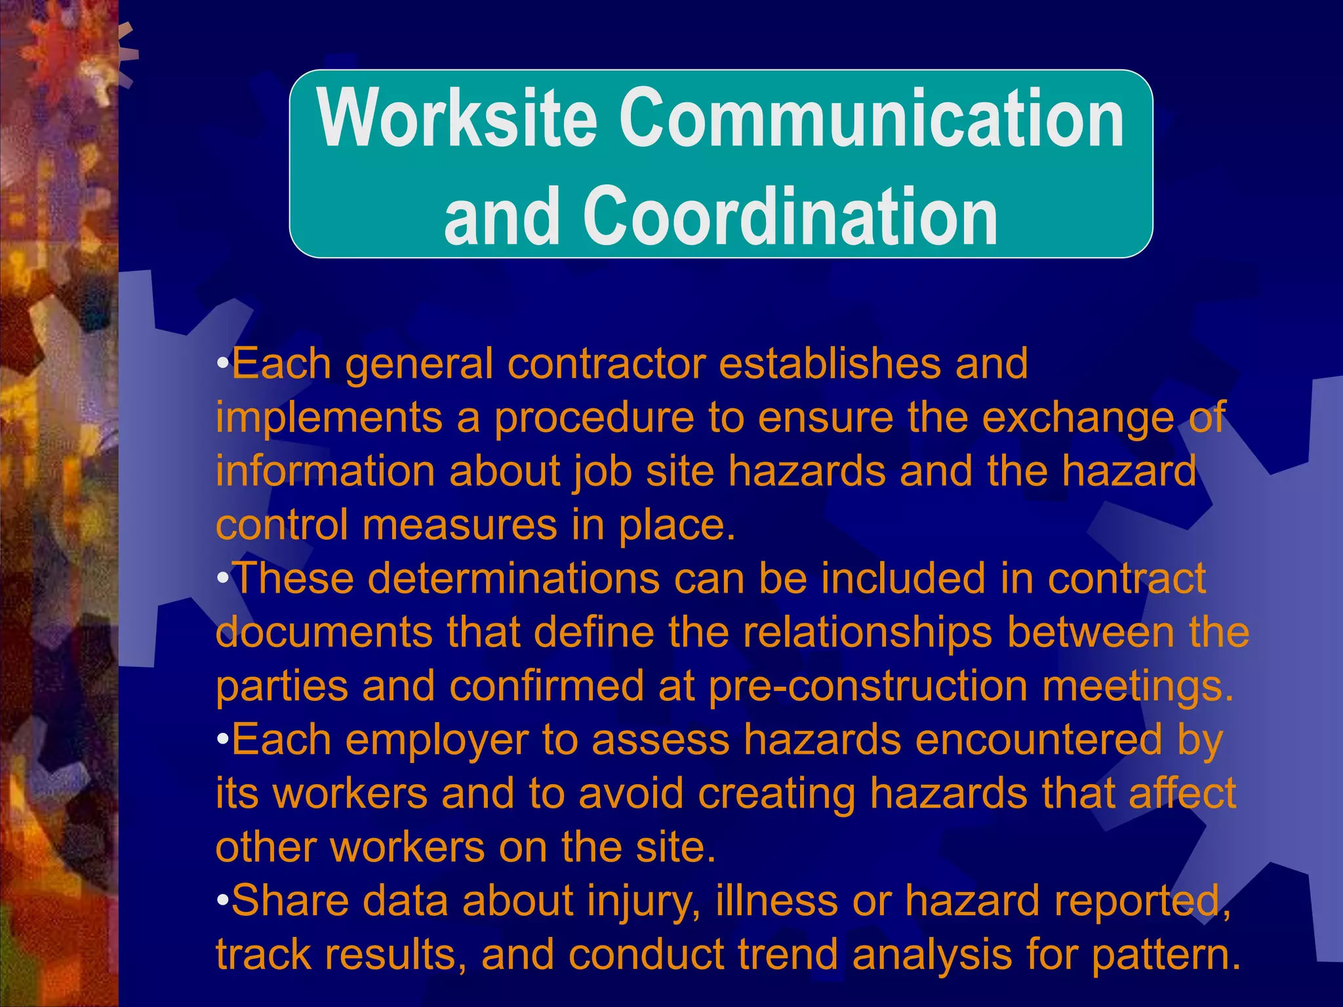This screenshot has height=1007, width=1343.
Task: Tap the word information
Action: tap(325, 471)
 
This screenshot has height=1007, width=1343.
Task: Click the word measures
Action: tap(459, 526)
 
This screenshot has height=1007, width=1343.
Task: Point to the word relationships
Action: tap(869, 632)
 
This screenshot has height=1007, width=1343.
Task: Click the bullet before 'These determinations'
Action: tap(223, 578)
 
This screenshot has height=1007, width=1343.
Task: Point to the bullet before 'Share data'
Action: tap(223, 899)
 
